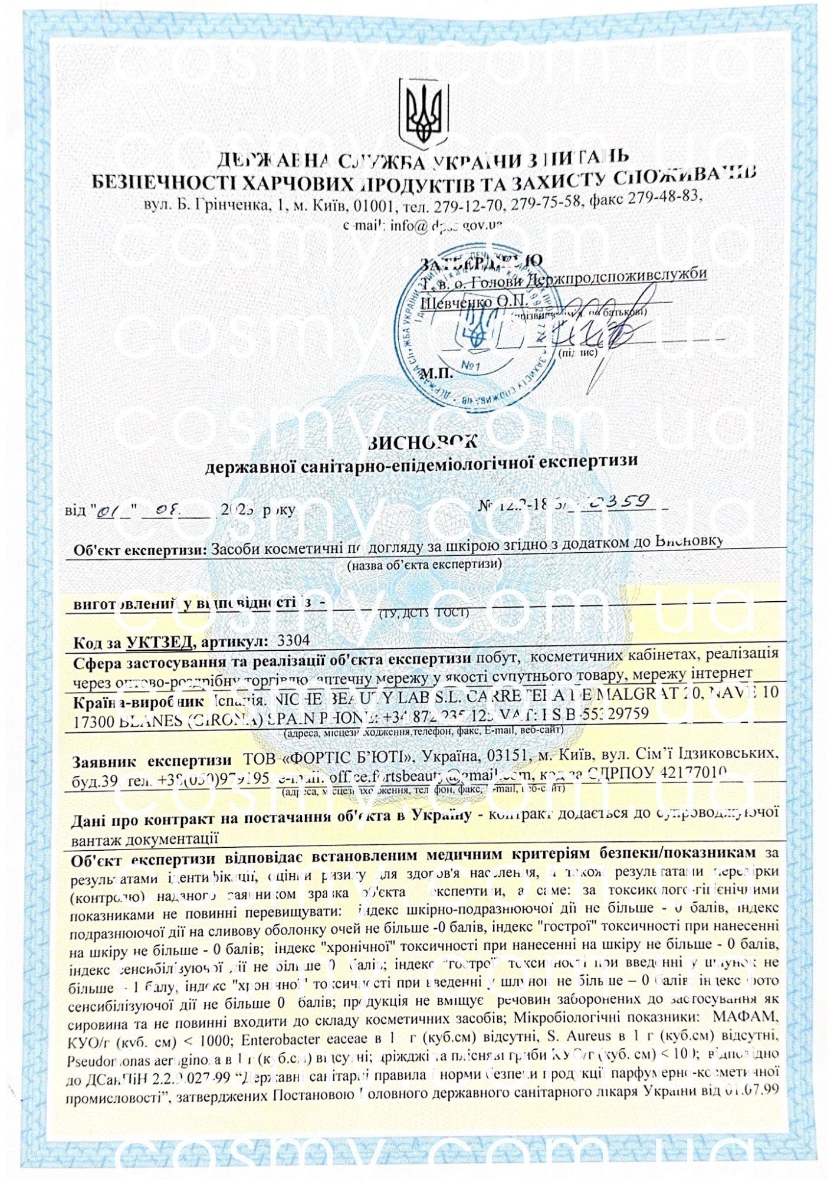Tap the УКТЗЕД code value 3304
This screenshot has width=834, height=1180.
tap(293, 640)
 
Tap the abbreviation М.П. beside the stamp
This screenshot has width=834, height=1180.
tap(436, 373)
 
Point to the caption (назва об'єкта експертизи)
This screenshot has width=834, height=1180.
tap(424, 565)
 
